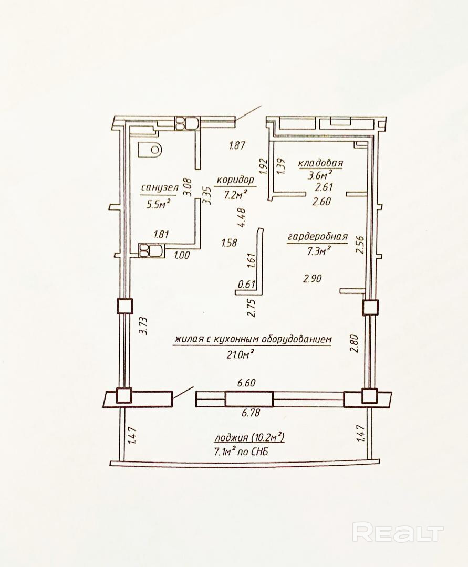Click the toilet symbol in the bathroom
click(x=149, y=149)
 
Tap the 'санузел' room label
click(x=160, y=187)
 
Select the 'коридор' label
click(x=235, y=180)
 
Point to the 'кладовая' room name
click(x=320, y=163)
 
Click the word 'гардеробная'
click(x=318, y=237)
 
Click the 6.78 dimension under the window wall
click(x=251, y=412)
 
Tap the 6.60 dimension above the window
click(x=246, y=383)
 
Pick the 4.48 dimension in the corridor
click(x=242, y=217)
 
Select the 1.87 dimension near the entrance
click(x=237, y=146)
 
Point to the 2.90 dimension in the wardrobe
click(x=313, y=278)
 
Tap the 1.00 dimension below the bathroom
click(x=182, y=255)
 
